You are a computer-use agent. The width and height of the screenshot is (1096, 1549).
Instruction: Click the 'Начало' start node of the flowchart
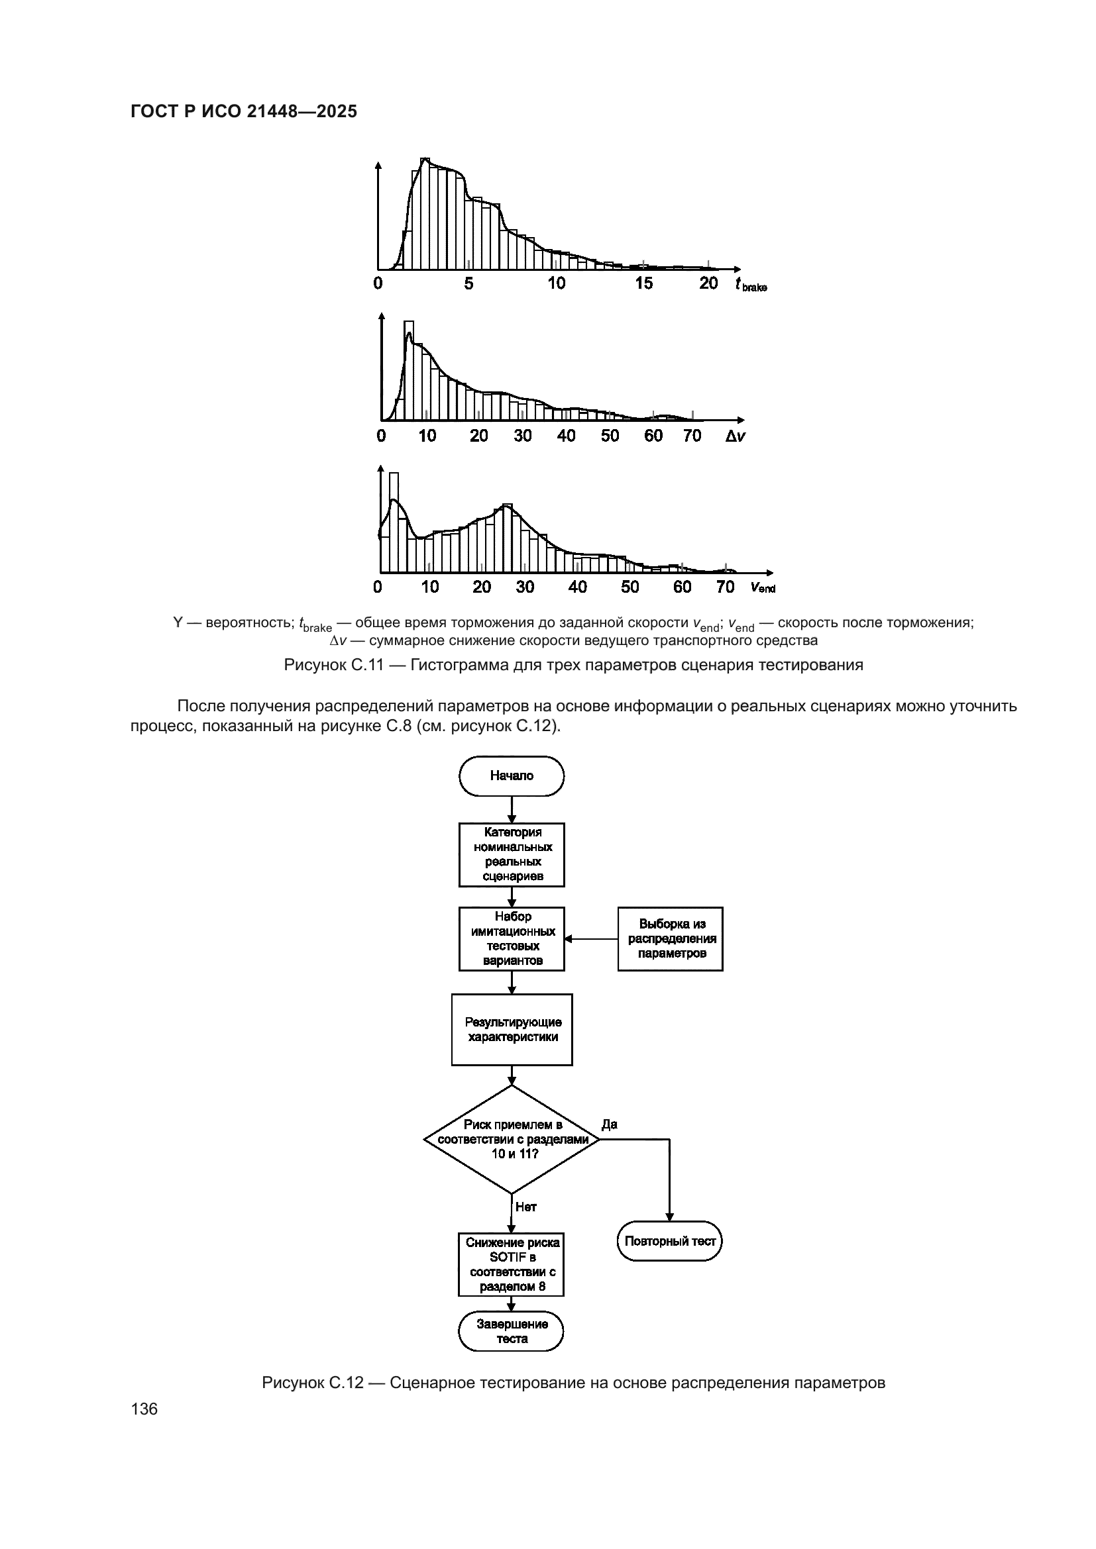click(512, 776)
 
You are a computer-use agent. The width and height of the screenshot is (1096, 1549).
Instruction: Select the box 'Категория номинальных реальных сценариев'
click(512, 854)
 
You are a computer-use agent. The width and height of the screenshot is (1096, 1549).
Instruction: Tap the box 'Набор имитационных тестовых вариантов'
click(512, 938)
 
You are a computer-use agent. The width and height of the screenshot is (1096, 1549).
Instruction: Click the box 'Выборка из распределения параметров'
click(670, 938)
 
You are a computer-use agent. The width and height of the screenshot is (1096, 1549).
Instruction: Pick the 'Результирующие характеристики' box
click(512, 1030)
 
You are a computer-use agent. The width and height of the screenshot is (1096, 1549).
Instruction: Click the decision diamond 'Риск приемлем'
click(512, 1140)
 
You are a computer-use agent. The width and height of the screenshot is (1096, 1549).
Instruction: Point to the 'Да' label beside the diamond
click(610, 1124)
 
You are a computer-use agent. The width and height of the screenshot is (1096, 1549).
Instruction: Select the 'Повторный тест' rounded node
click(669, 1241)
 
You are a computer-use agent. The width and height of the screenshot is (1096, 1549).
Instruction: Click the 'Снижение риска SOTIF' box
click(512, 1265)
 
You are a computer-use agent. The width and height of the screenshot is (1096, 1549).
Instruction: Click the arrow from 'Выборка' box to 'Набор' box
click(591, 938)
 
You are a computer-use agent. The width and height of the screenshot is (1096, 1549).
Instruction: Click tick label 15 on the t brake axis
click(644, 283)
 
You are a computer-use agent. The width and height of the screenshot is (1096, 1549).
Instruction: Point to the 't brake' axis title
click(751, 285)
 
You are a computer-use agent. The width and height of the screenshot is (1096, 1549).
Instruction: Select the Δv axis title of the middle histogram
click(736, 436)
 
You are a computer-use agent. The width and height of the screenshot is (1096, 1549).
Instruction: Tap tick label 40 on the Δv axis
click(566, 436)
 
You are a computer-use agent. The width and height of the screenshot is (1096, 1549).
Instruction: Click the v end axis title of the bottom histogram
click(763, 587)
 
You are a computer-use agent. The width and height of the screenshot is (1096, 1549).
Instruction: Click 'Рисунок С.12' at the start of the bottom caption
click(313, 1383)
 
